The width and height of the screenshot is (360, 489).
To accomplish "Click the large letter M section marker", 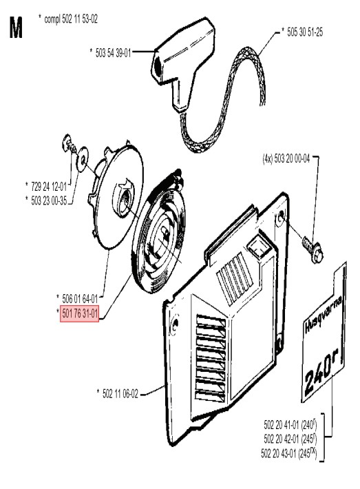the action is (x=16, y=28).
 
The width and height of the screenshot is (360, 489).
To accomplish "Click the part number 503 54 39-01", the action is (x=113, y=53).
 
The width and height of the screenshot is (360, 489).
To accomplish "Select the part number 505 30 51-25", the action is (x=305, y=32).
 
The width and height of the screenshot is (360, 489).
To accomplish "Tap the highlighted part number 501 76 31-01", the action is (x=80, y=314).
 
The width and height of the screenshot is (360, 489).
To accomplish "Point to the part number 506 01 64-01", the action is (x=80, y=299).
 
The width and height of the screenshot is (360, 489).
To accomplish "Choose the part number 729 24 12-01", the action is (x=49, y=187).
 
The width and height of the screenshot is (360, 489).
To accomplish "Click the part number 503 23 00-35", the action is (x=49, y=200).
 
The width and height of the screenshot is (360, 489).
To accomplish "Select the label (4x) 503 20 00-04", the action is (x=286, y=158).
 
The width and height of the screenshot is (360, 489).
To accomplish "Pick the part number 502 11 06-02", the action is (x=120, y=394).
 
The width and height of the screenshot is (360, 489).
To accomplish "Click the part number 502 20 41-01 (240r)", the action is (x=290, y=425).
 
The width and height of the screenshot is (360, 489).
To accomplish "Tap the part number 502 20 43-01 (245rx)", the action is (x=289, y=453).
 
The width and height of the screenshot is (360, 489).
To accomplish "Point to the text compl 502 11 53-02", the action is (x=71, y=19).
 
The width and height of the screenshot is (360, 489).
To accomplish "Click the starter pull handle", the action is (x=183, y=63).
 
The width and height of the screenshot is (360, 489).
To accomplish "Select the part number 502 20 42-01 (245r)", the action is (x=290, y=439).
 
